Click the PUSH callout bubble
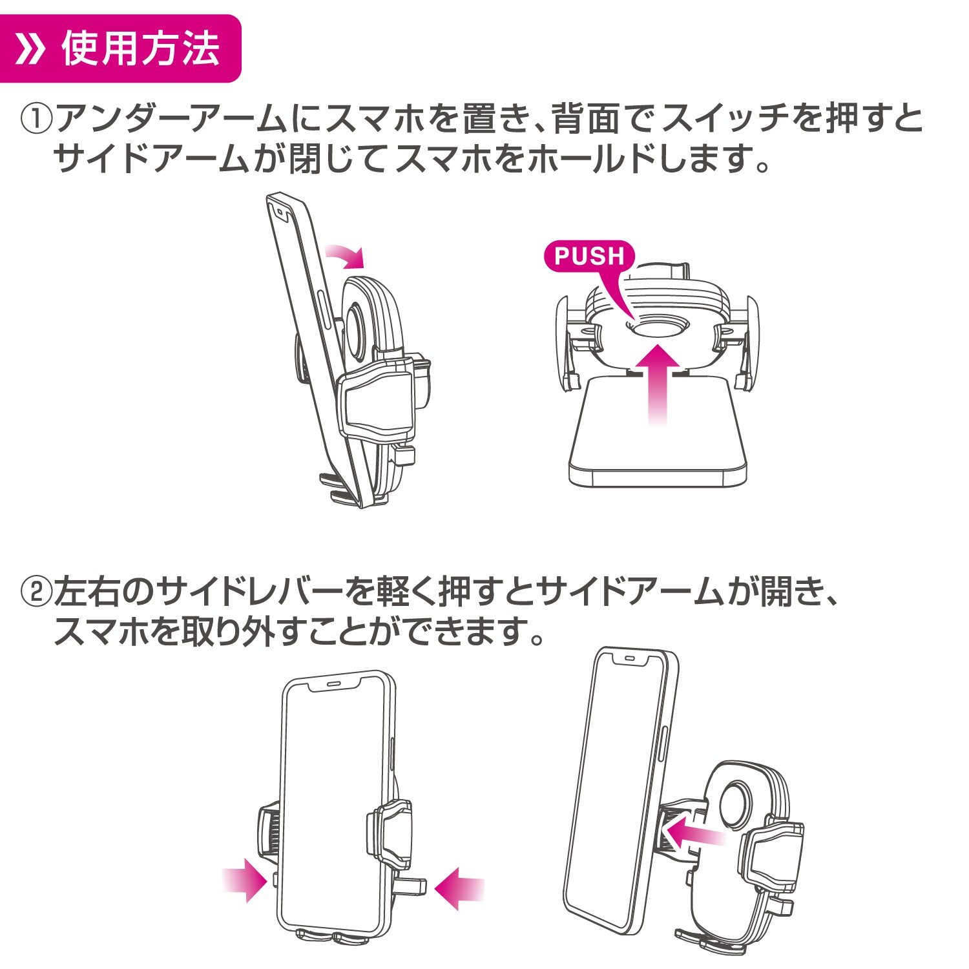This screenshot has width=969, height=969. tap(589, 256)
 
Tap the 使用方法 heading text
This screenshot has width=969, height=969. tap(141, 49)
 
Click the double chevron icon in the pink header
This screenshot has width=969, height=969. tap(31, 49)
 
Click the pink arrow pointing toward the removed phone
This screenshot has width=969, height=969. tap(694, 834)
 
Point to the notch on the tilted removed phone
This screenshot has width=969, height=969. tap(632, 660)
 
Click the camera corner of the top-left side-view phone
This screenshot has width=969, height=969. tap(280, 210)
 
